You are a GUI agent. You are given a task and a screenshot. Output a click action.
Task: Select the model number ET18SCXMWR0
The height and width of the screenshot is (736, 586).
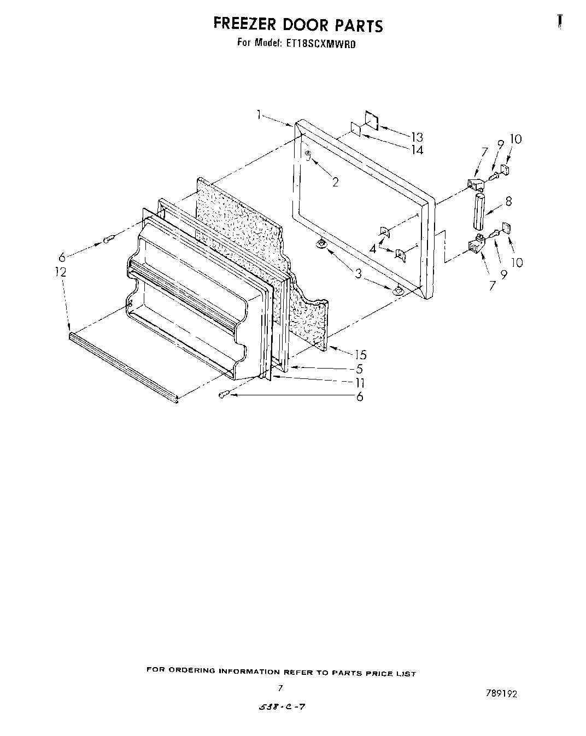(320, 44)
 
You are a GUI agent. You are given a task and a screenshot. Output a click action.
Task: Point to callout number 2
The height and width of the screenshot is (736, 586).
(335, 182)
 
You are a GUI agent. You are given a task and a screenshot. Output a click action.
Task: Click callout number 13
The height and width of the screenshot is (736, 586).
(417, 137)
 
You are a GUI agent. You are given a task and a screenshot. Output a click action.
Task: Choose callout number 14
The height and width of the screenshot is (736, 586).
(417, 150)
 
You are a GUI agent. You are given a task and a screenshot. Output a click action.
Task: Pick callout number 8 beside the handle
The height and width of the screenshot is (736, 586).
(508, 201)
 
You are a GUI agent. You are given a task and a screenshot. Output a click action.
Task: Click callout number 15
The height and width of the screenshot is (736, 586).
(360, 355)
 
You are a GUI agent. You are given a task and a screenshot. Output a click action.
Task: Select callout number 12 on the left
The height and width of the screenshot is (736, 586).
(61, 272)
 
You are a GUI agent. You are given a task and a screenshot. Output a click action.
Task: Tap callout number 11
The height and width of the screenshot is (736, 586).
(360, 383)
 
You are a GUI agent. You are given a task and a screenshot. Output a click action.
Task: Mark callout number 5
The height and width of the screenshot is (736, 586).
(360, 369)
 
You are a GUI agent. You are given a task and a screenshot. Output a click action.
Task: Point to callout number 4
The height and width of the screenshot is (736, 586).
(373, 248)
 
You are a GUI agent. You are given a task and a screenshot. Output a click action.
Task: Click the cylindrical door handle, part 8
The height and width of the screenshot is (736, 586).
(480, 212)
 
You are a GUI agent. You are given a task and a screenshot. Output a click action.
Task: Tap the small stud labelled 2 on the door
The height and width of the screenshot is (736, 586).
(308, 156)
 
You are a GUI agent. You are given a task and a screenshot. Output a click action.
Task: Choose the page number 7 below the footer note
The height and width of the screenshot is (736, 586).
(280, 688)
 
